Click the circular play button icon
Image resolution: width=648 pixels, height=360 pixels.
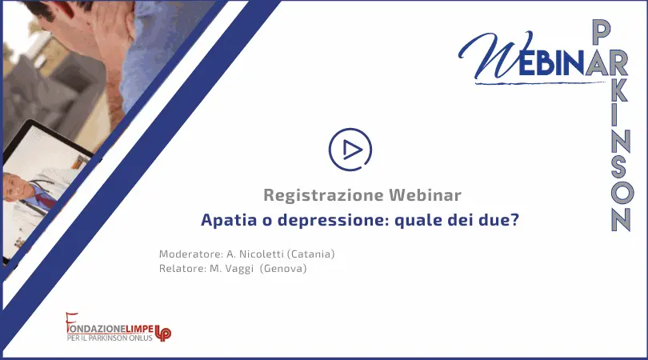[x=350, y=150]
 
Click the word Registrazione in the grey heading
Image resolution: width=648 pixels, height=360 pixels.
[x=322, y=195]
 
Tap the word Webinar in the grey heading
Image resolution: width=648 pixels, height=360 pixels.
[x=425, y=194]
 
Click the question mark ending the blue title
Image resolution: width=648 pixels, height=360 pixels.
[x=514, y=219]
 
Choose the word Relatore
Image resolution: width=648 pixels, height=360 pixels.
[x=182, y=269]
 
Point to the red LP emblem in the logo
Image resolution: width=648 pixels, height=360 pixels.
[x=163, y=332]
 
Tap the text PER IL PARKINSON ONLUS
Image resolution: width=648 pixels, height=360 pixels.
[x=110, y=338]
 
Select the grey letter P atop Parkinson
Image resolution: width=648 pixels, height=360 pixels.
[x=602, y=32]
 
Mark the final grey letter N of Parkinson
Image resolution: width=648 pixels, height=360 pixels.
[x=621, y=219]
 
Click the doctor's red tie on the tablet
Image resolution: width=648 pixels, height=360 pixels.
[x=46, y=200]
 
